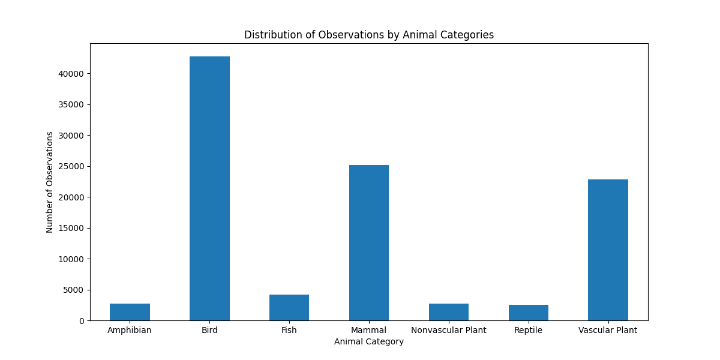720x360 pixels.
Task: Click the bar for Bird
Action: pyautogui.click(x=209, y=188)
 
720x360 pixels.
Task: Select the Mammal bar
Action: pyautogui.click(x=369, y=242)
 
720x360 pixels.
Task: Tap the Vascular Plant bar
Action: pyautogui.click(x=608, y=250)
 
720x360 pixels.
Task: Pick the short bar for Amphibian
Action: pyautogui.click(x=130, y=312)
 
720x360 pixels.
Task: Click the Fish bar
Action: pyautogui.click(x=289, y=308)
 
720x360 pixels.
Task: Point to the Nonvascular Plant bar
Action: pyautogui.click(x=449, y=312)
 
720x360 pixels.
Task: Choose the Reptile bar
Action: pyautogui.click(x=529, y=313)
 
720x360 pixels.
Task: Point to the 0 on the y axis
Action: pyautogui.click(x=82, y=321)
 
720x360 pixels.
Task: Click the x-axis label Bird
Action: pyautogui.click(x=209, y=331)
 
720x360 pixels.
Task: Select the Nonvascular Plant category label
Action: pyautogui.click(x=449, y=331)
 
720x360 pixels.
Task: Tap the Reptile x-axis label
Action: pyautogui.click(x=529, y=331)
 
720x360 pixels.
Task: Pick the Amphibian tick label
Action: pyautogui.click(x=130, y=331)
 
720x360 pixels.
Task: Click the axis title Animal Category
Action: pyautogui.click(x=369, y=342)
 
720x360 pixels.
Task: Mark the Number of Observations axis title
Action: pyautogui.click(x=50, y=182)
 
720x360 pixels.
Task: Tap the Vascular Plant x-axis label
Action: pyautogui.click(x=608, y=331)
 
